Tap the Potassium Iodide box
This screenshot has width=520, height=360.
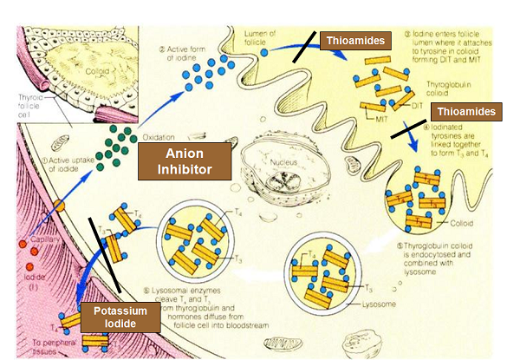(122, 317)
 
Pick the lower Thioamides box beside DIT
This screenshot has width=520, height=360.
(467, 112)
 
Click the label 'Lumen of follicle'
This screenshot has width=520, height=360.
(263, 38)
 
